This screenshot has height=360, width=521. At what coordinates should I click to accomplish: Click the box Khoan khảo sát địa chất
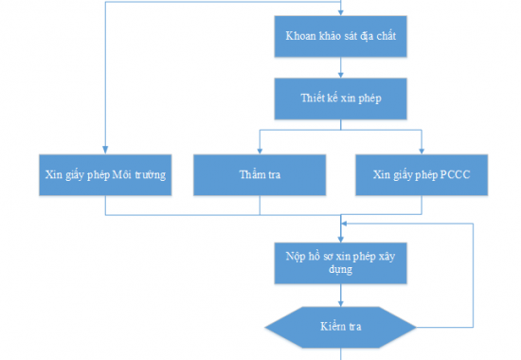(340, 37)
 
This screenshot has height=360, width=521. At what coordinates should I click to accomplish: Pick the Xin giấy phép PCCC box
(422, 175)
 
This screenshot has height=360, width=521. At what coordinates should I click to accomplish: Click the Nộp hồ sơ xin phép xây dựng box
(340, 262)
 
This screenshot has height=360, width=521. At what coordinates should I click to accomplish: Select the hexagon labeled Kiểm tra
(340, 327)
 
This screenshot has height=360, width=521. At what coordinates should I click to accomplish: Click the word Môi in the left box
(128, 175)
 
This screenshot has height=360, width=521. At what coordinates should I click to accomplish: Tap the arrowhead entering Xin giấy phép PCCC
(422, 151)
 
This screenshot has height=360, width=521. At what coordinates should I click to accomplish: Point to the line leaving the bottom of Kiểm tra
(340, 353)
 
